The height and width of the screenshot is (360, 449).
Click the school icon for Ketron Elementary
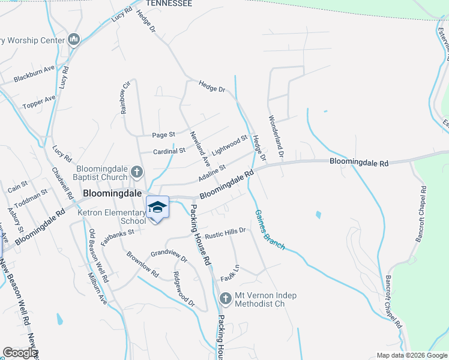[x=157, y=207]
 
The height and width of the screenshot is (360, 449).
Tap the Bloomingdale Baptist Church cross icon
[x=137, y=173]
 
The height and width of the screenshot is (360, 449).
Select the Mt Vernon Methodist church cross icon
[x=225, y=298]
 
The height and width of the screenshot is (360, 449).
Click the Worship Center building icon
[x=74, y=40]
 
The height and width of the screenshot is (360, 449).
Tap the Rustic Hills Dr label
[x=225, y=231]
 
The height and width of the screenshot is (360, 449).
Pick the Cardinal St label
[x=169, y=151]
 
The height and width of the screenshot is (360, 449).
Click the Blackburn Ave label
[x=34, y=77]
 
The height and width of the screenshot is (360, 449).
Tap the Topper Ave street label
[x=39, y=102]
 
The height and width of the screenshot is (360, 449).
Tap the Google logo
[x=20, y=353]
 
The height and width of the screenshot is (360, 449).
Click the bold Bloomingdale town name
[x=112, y=194]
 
